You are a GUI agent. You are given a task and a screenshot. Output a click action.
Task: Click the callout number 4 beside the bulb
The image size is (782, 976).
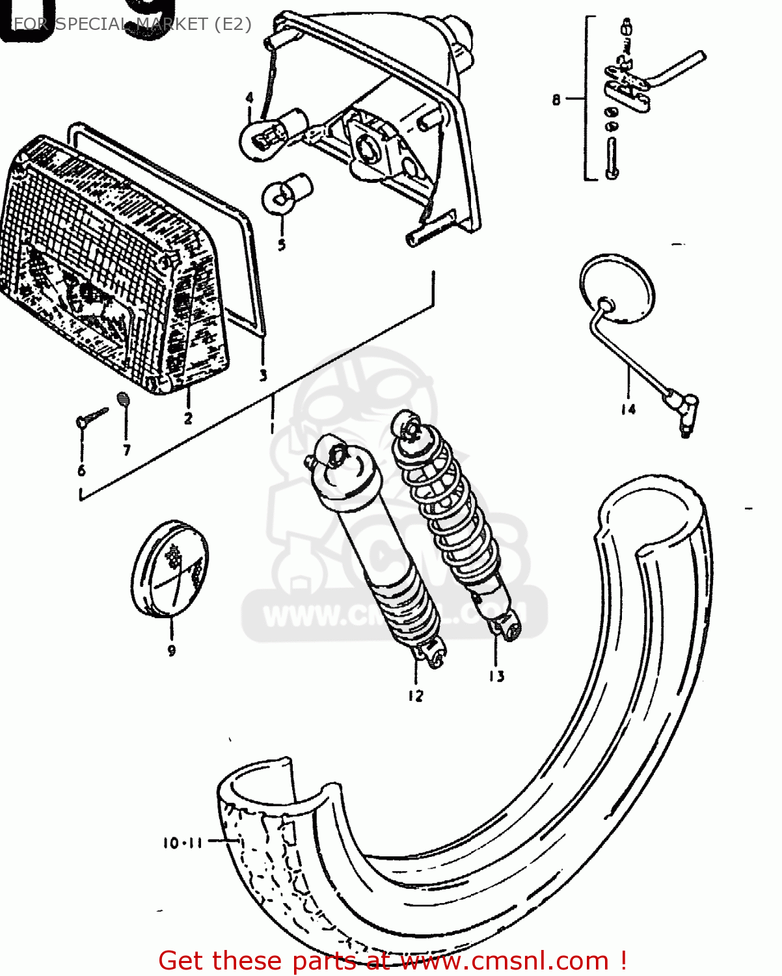click(250, 98)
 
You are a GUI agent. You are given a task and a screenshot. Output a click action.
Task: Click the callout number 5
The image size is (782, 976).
click(281, 245)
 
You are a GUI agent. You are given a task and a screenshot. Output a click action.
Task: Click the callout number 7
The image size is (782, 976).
click(127, 450)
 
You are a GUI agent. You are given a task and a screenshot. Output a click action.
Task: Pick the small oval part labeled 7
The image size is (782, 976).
click(124, 398)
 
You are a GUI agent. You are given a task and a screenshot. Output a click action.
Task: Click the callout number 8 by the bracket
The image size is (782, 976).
click(556, 100)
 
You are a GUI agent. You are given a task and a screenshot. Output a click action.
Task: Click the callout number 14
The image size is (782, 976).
click(628, 409)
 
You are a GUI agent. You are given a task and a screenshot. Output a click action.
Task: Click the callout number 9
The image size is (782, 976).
click(172, 650)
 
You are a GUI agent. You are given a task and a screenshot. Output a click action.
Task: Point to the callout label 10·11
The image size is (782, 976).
click(183, 843)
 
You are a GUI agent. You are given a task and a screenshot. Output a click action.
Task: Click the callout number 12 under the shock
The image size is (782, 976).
click(416, 696)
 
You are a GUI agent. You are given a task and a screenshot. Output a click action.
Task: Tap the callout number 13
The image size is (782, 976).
click(496, 677)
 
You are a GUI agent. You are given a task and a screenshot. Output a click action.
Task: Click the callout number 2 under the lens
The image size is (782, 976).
click(188, 418)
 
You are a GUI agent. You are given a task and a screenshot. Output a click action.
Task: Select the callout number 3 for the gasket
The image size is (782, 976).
click(263, 375)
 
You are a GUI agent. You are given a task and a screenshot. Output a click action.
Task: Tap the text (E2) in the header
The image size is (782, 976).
click(231, 24)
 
